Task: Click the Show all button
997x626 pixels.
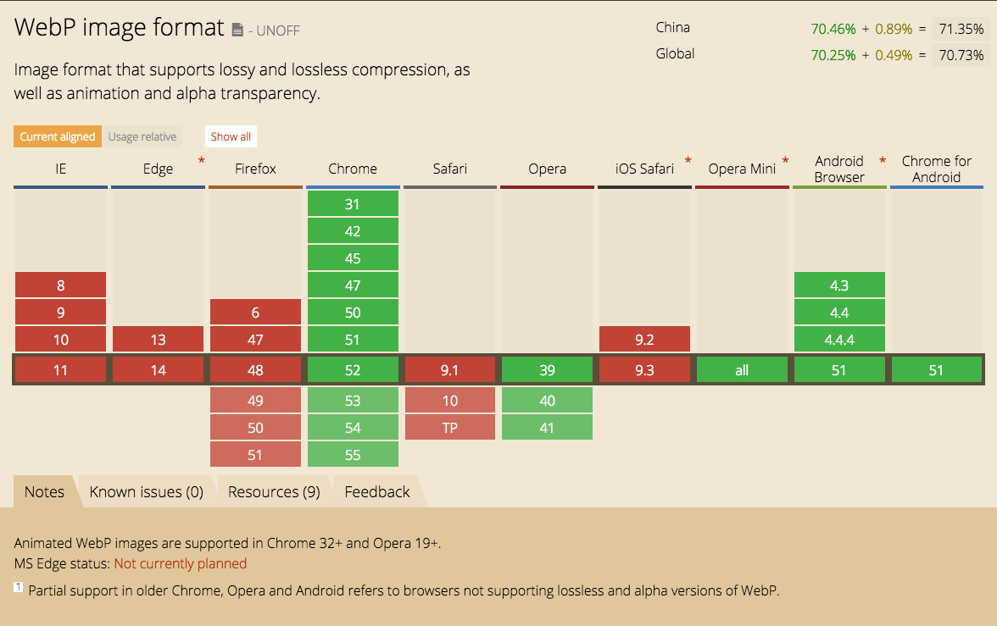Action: pyautogui.click(x=231, y=136)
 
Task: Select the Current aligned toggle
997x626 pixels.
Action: pyautogui.click(x=58, y=136)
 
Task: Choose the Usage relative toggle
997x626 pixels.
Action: pyautogui.click(x=142, y=136)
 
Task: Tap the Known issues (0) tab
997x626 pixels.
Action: pyautogui.click(x=147, y=492)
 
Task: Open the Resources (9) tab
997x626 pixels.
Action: pyautogui.click(x=274, y=492)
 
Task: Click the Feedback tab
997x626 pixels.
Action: pyautogui.click(x=377, y=492)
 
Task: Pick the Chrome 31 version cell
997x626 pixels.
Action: pyautogui.click(x=353, y=204)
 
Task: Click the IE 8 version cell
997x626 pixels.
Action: pyautogui.click(x=60, y=285)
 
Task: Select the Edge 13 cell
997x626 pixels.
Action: pyautogui.click(x=158, y=340)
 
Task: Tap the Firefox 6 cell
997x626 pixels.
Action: pyautogui.click(x=255, y=313)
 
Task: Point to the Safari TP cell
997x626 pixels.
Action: pyautogui.click(x=449, y=428)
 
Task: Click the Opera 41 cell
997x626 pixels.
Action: pyautogui.click(x=547, y=428)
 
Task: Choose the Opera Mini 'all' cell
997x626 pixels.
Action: pyautogui.click(x=742, y=370)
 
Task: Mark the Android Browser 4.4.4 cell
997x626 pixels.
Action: pyautogui.click(x=839, y=340)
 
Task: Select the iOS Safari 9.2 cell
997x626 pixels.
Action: pyautogui.click(x=644, y=340)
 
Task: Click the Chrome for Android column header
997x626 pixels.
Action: pyautogui.click(x=937, y=169)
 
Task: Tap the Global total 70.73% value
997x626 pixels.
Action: pyautogui.click(x=961, y=56)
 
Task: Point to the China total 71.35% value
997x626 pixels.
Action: pyautogui.click(x=961, y=30)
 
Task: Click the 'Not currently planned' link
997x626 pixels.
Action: pyautogui.click(x=181, y=563)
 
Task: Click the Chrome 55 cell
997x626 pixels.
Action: pyautogui.click(x=353, y=455)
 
